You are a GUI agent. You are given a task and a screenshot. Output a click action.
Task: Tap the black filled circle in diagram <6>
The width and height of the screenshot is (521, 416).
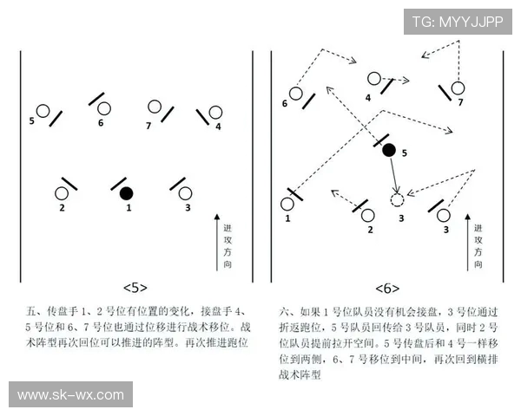(x=389, y=149)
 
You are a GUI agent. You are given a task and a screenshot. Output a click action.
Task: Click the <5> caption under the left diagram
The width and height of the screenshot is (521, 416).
(x=135, y=287)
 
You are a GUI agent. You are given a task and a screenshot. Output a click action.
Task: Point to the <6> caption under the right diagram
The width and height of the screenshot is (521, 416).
(x=387, y=287)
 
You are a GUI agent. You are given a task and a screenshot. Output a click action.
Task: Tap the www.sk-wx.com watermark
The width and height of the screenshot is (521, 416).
(x=70, y=395)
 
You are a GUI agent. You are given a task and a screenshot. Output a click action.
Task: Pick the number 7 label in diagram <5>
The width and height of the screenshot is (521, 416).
(x=148, y=126)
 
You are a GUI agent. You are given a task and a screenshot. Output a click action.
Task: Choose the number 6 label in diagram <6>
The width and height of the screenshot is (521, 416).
(x=284, y=104)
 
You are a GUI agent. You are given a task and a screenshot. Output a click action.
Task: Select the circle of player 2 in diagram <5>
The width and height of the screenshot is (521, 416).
(x=62, y=193)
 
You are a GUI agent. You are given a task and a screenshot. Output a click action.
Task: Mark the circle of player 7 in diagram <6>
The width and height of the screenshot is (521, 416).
(x=458, y=88)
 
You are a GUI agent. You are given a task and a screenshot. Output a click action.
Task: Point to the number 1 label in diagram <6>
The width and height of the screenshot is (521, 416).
(x=287, y=219)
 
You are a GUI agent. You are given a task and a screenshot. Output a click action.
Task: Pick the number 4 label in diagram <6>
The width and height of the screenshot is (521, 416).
(x=368, y=98)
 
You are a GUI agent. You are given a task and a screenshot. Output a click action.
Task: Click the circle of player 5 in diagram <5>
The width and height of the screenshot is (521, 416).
(x=43, y=111)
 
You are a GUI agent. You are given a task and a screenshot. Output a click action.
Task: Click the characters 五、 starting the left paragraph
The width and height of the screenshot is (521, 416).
(x=36, y=310)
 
